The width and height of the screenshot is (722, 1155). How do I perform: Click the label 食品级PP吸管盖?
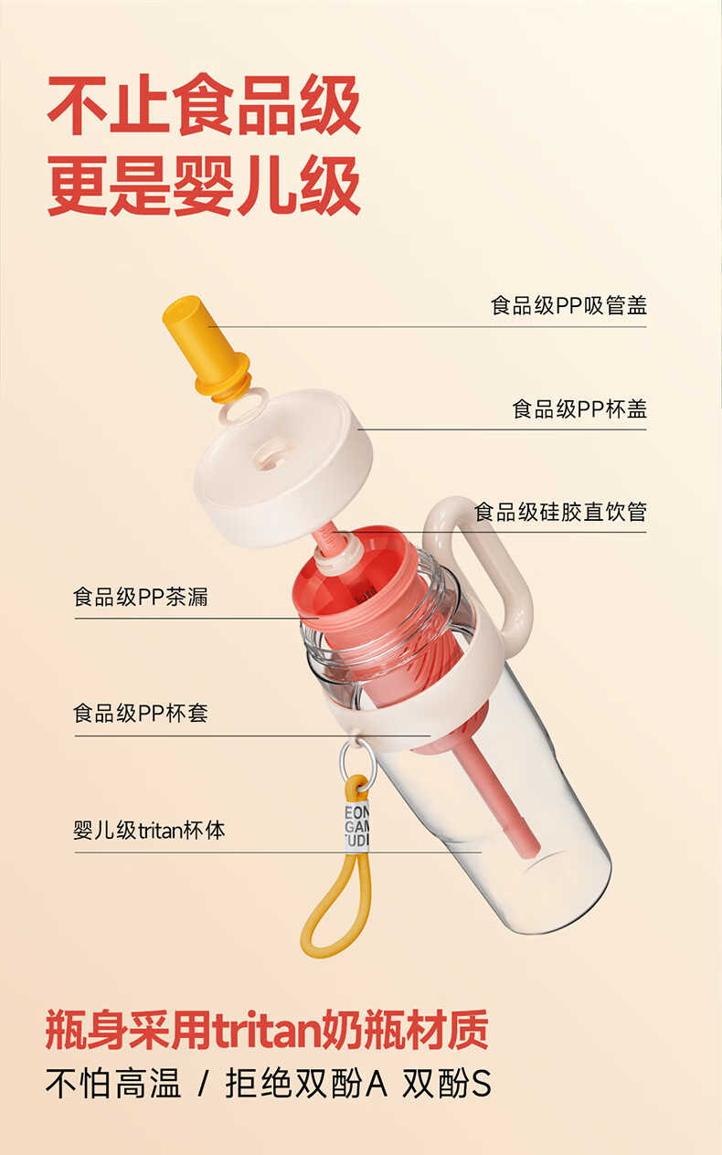568,305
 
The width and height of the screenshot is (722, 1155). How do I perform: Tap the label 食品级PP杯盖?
579,408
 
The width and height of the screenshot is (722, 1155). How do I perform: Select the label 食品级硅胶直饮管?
560,512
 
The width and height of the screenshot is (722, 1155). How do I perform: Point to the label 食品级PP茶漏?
141,597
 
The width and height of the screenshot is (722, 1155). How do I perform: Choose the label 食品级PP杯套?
141,714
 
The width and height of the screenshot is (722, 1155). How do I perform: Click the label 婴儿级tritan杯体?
150,831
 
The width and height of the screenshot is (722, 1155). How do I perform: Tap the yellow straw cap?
207,351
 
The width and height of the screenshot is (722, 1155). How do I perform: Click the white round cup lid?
282,467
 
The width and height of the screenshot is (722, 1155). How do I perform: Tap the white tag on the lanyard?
356,826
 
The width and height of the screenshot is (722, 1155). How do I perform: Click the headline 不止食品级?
204,105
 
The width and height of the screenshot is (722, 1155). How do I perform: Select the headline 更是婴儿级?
204,185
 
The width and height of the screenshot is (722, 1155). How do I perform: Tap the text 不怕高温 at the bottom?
113,1084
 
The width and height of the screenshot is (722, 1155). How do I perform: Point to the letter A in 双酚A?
376,1084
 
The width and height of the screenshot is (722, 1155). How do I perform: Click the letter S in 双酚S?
481,1084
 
